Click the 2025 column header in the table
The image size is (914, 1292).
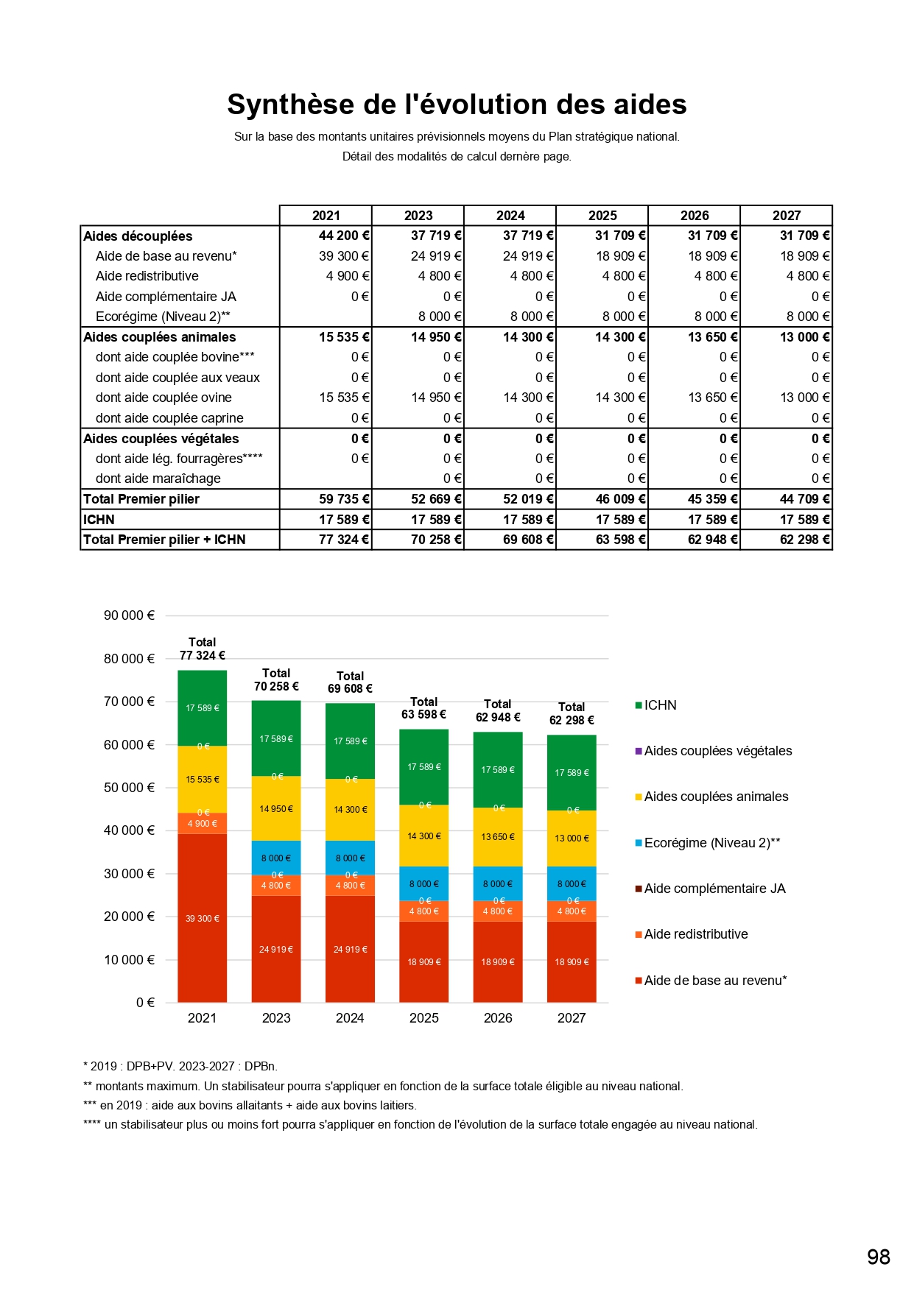tap(602, 216)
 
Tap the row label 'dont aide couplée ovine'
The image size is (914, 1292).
tap(164, 398)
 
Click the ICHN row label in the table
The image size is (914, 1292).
tap(99, 520)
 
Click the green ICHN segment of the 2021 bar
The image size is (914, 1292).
tap(203, 708)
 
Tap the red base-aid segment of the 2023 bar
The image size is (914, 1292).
tap(276, 949)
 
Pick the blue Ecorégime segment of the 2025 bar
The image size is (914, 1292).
tap(424, 883)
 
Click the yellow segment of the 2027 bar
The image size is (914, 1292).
tap(572, 838)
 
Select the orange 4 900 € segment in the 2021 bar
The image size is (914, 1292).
tap(203, 823)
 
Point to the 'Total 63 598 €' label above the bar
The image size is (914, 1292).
tap(423, 708)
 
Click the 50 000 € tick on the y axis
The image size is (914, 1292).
tap(129, 788)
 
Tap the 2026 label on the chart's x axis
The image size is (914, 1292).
tap(498, 1018)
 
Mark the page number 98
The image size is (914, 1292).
tap(879, 1257)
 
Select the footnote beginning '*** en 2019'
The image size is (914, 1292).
tap(250, 1105)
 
